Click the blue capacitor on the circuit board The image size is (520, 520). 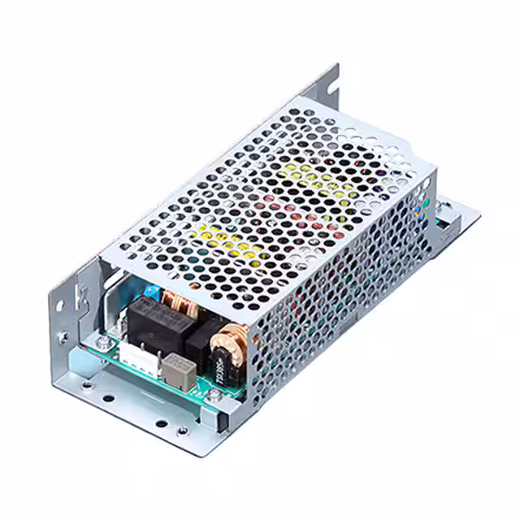151,290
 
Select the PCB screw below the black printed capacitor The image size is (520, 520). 213,396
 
